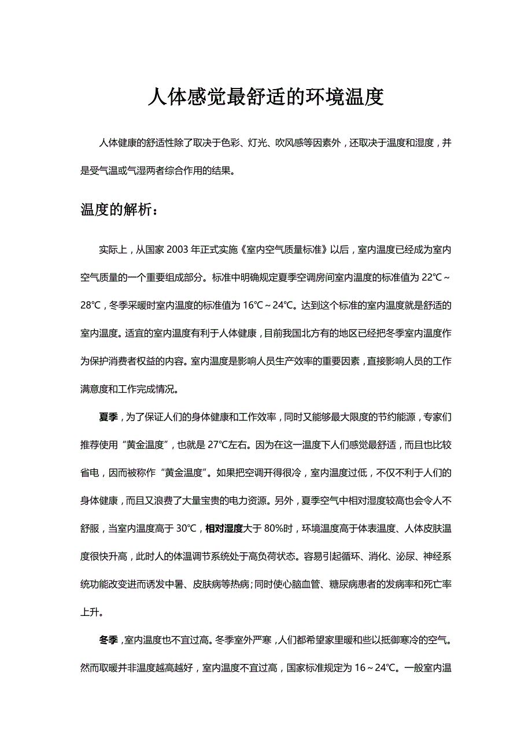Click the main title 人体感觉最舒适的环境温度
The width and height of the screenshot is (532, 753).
(x=265, y=97)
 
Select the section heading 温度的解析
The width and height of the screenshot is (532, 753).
(x=119, y=209)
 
